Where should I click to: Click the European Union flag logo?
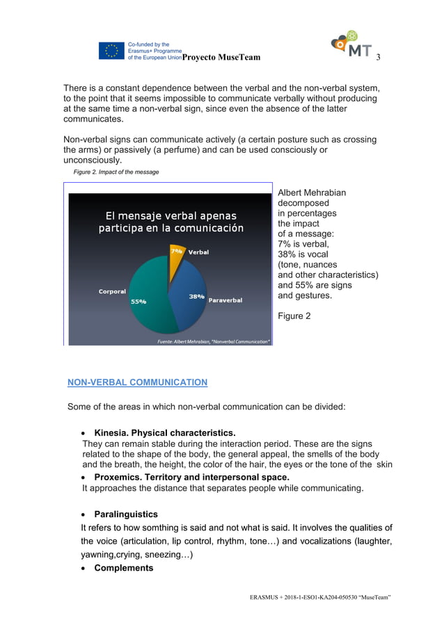pyautogui.click(x=111, y=51)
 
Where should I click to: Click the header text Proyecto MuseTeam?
pyautogui.click(x=221, y=57)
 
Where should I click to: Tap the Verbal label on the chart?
pyautogui.click(x=198, y=252)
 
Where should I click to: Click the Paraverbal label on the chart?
pyautogui.click(x=225, y=300)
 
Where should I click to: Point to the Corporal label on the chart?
pyautogui.click(x=112, y=292)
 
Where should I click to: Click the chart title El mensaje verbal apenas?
pyautogui.click(x=171, y=215)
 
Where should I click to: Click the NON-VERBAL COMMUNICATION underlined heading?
pyautogui.click(x=137, y=382)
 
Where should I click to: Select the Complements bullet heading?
pyautogui.click(x=124, y=568)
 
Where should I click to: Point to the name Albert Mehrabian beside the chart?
pyautogui.click(x=312, y=193)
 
